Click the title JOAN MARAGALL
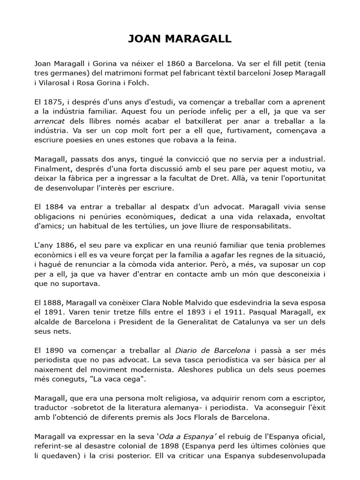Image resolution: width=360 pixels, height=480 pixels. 180,39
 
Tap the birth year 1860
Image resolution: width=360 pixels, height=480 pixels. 166,63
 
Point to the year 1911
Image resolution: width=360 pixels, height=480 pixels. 227,312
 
